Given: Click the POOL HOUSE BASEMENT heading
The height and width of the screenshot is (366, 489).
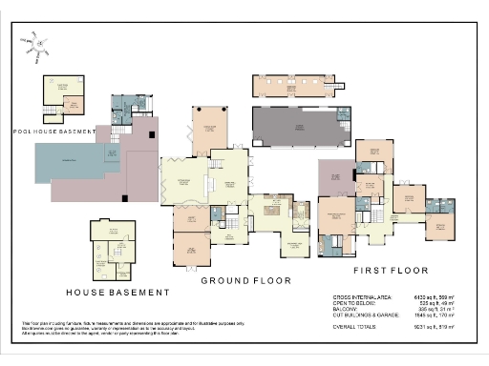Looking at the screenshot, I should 53,131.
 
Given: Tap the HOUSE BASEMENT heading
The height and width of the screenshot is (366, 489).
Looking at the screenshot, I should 117,292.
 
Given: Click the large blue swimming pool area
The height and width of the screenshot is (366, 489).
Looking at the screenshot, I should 72,166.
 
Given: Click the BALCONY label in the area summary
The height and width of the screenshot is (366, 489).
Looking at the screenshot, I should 345,310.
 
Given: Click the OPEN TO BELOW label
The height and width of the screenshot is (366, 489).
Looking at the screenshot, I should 352,304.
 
